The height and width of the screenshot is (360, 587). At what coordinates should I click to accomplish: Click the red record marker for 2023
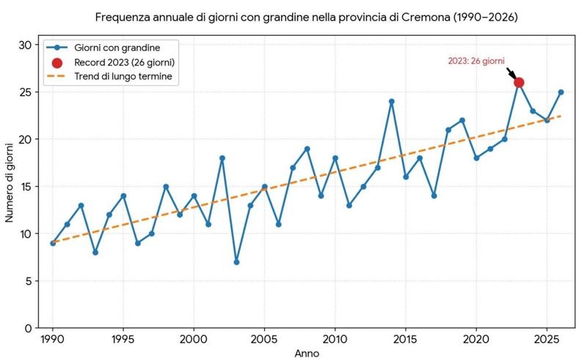[x=519, y=83]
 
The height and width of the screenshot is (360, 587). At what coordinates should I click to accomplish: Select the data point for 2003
[x=236, y=262]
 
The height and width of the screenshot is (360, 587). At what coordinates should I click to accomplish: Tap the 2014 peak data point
[x=392, y=101]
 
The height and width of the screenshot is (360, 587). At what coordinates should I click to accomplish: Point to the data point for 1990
[x=53, y=243]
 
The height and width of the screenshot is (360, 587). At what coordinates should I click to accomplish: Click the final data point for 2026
[x=561, y=92]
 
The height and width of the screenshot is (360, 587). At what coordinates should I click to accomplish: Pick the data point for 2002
[x=222, y=158]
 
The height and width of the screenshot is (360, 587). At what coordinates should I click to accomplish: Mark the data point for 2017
[x=434, y=196]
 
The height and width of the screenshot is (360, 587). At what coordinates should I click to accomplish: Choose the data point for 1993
[x=95, y=253]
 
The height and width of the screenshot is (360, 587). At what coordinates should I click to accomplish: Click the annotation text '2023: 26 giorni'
[x=476, y=61]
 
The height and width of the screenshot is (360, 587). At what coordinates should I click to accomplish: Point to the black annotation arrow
[x=511, y=73]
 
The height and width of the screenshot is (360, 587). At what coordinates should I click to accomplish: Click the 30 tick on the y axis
[x=26, y=45]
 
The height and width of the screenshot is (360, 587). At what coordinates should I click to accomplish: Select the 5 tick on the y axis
[x=29, y=281]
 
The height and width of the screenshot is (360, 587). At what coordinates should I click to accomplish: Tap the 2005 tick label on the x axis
[x=264, y=339]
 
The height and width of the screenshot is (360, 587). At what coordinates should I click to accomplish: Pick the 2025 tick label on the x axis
[x=547, y=339]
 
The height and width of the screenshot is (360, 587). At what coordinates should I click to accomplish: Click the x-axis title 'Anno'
[x=307, y=353]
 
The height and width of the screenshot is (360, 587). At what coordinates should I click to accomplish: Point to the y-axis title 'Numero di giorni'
[x=10, y=183]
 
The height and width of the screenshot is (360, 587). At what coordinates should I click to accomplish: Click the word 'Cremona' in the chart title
[x=426, y=17]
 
